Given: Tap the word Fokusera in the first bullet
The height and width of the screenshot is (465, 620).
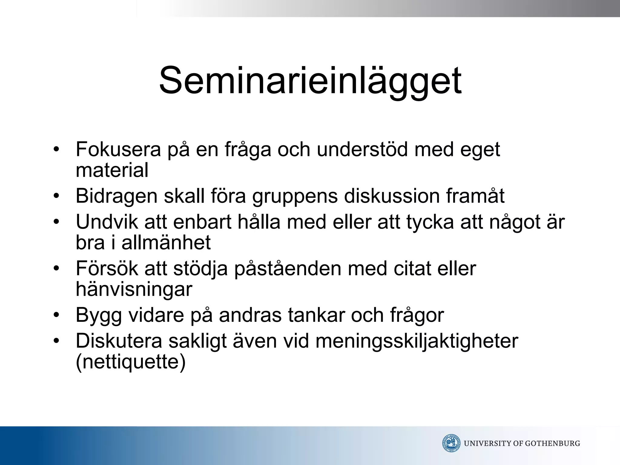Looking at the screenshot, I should pyautogui.click(x=118, y=150).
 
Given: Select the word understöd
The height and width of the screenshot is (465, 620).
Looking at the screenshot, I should pyautogui.click(x=362, y=150).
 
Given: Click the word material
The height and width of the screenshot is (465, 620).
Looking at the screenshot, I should pyautogui.click(x=112, y=170).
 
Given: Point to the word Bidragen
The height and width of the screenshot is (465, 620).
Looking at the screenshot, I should pyautogui.click(x=117, y=196).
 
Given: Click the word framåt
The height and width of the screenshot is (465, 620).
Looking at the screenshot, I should pyautogui.click(x=475, y=196).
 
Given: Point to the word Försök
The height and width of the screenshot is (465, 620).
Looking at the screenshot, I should pyautogui.click(x=107, y=269).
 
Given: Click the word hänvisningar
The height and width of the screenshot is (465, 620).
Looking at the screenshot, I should pyautogui.click(x=134, y=289).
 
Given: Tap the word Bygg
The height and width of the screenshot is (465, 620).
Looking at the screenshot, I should pyautogui.click(x=99, y=315).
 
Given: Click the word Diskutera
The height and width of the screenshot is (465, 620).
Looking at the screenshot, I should pyautogui.click(x=119, y=341).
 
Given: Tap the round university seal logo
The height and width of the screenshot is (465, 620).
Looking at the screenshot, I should pyautogui.click(x=451, y=443).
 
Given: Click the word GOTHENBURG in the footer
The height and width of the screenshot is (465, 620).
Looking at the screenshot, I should pyautogui.click(x=552, y=444).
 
